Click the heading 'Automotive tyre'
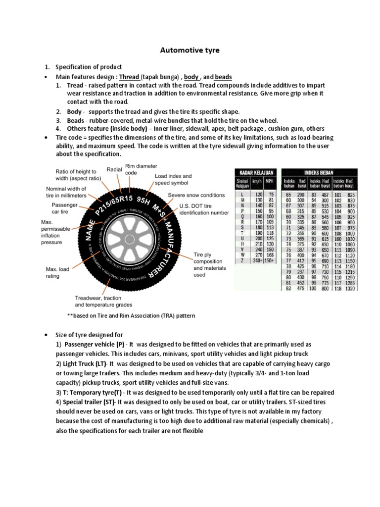[x=190, y=50]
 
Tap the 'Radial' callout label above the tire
[x=114, y=170]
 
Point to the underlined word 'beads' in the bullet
[x=223, y=77]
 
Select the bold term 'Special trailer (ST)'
[x=85, y=401]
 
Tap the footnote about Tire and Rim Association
[x=131, y=315]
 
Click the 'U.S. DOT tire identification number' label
[x=204, y=209]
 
